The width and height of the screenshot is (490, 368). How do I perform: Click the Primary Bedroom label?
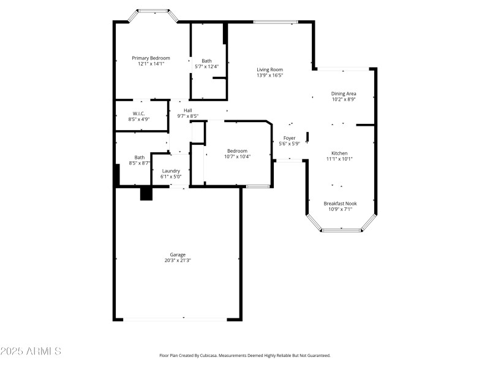[151, 58]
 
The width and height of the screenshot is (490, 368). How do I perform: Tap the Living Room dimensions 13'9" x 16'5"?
[269, 75]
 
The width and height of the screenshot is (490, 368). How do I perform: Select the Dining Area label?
[344, 93]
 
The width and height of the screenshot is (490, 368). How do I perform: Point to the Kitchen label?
[340, 153]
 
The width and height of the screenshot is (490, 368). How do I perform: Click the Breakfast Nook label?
[340, 203]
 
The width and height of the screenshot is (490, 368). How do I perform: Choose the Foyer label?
[289, 138]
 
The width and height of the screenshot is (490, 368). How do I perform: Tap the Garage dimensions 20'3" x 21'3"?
[178, 260]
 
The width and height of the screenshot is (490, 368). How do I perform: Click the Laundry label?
[171, 171]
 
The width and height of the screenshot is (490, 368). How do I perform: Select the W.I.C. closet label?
[138, 113]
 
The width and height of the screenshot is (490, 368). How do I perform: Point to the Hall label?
[188, 110]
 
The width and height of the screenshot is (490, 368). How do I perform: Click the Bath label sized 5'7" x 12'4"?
[207, 61]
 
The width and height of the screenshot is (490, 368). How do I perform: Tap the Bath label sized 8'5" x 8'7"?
[140, 157]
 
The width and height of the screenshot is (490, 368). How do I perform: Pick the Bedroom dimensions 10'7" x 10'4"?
[237, 156]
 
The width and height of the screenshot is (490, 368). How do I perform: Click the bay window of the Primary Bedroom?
[153, 10]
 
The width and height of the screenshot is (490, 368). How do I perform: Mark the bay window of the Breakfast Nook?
[341, 230]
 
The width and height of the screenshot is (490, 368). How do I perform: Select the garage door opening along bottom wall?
[175, 319]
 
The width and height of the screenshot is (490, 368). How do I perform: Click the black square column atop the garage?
[146, 194]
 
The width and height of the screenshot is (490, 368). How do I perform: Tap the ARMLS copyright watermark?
[31, 351]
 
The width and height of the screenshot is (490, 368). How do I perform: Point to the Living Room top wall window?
[276, 23]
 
